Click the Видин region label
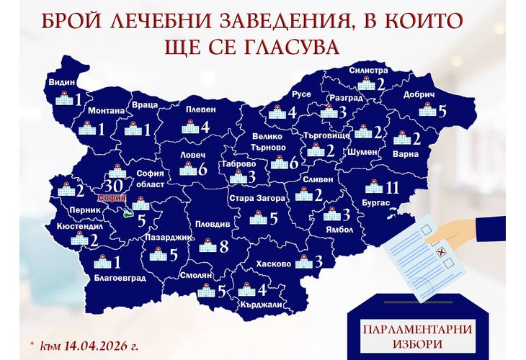click(x=62, y=83)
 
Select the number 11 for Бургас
click(x=393, y=188)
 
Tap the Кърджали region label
click(x=262, y=305)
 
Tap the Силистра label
click(x=368, y=71)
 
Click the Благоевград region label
click(x=120, y=277)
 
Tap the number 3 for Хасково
click(x=317, y=262)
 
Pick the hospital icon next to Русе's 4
click(x=277, y=113)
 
